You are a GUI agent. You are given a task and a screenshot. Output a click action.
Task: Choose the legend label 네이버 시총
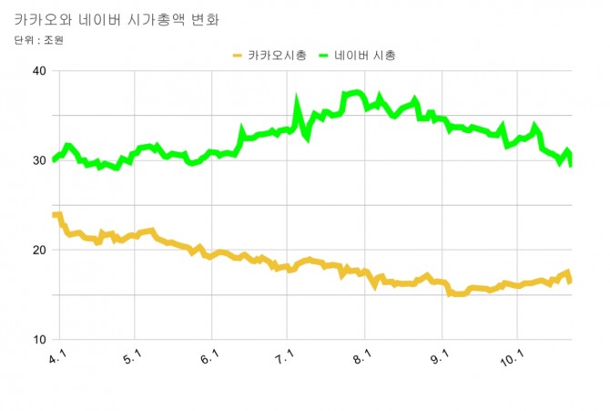(x=364, y=56)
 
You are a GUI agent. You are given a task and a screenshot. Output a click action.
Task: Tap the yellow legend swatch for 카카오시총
(x=238, y=56)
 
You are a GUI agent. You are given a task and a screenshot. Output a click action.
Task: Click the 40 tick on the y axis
(x=39, y=72)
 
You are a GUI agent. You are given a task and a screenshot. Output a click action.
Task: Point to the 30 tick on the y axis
(x=39, y=161)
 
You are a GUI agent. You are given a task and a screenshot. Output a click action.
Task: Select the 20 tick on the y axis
(x=39, y=251)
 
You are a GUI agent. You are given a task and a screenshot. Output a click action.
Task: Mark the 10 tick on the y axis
(x=39, y=340)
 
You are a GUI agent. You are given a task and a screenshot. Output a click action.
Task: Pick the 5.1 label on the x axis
(x=133, y=358)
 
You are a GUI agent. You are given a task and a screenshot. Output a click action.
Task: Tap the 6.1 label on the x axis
(x=209, y=358)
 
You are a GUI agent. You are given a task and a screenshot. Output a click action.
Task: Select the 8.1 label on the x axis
(x=363, y=358)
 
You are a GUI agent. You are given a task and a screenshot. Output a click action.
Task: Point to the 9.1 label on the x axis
(x=441, y=358)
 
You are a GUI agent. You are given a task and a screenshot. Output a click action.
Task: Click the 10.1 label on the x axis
(x=515, y=358)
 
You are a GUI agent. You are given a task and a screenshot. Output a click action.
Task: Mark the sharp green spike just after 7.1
(x=297, y=98)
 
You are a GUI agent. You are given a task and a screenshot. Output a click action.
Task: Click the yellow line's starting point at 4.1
(x=56, y=215)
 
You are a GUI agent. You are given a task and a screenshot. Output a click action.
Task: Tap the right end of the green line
(x=570, y=164)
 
